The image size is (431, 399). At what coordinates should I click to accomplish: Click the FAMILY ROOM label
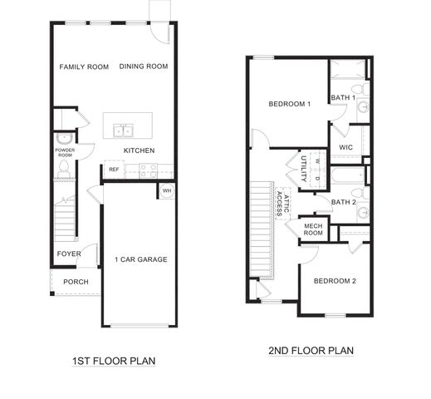coord(85,66)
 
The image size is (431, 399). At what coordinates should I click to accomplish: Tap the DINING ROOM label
coord(144,66)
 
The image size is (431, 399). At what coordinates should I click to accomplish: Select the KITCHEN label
coord(139,150)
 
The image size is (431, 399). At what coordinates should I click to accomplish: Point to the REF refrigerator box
coord(114,170)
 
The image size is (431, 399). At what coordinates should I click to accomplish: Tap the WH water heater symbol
coord(166,190)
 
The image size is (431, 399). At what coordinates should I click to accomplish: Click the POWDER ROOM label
coord(66,152)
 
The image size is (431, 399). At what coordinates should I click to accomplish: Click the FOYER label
coord(68,254)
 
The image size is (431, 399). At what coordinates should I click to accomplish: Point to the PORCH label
coord(76,282)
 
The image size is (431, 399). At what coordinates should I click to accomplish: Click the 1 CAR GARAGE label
coord(140,259)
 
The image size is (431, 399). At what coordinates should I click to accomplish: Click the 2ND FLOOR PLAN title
coord(311,351)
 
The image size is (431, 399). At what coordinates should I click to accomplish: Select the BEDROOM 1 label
coord(289,104)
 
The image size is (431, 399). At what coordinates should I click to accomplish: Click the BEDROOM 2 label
coord(335,281)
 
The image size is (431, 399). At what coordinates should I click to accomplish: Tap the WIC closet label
coord(346,148)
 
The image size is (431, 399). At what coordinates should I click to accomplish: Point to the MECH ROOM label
coord(313,229)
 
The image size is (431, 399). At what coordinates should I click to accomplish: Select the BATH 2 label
coord(343,202)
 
